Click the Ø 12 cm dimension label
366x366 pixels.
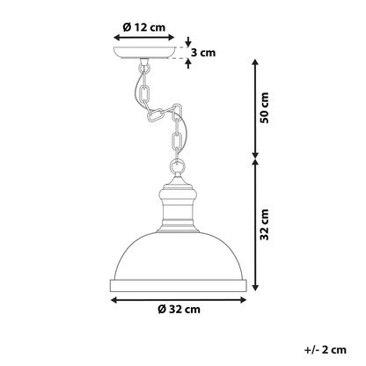click(144, 27)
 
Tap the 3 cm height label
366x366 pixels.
click(203, 53)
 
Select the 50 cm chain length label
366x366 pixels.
click(264, 107)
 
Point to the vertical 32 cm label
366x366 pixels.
click(264, 224)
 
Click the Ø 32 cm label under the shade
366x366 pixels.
click(179, 309)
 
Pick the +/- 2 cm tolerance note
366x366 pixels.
click(326, 349)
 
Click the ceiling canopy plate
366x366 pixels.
click(145, 53)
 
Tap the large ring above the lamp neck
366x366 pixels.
click(178, 166)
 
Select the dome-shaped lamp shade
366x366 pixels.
click(179, 255)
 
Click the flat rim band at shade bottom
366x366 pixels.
click(179, 286)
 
